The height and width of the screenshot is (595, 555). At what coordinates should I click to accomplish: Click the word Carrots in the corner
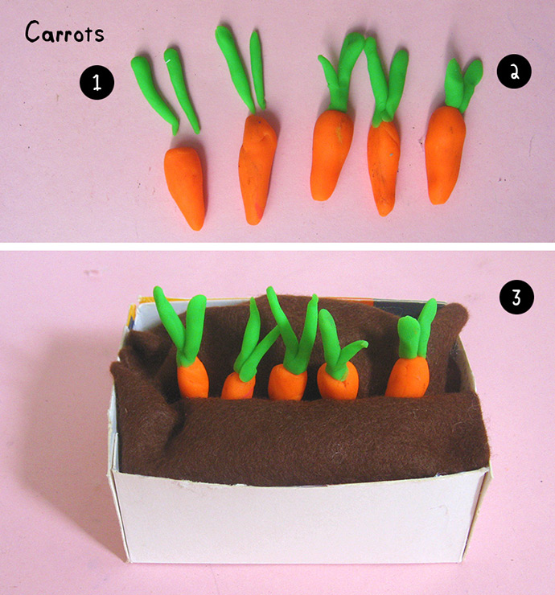(64, 32)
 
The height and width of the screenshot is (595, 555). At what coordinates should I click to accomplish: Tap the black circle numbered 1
(97, 82)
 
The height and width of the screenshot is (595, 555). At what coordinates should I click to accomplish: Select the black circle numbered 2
(514, 72)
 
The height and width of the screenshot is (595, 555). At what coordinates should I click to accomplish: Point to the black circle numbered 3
(516, 297)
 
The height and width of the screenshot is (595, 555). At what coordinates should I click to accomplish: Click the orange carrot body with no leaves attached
(185, 187)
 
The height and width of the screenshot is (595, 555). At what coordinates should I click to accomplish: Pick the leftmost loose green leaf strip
(154, 94)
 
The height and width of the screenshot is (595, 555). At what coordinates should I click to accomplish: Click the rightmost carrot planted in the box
(411, 353)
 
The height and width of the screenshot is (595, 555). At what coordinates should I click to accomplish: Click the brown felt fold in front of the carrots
(304, 437)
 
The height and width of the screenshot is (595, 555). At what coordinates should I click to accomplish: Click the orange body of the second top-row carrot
(257, 169)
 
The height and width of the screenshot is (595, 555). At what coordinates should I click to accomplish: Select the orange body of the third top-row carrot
(331, 154)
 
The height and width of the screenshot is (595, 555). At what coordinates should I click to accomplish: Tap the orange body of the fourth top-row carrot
(384, 167)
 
